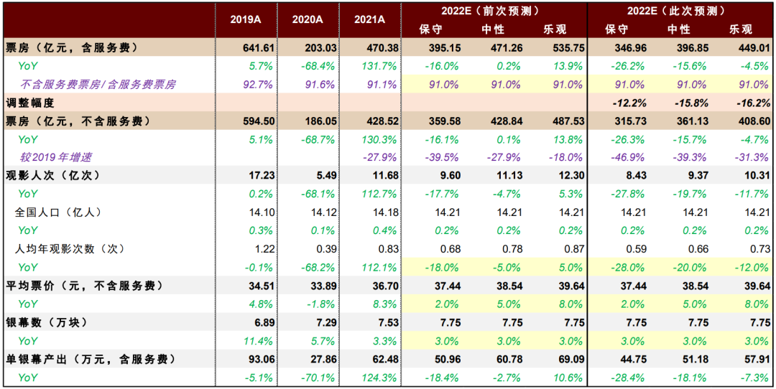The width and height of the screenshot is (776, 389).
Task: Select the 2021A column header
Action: click(x=369, y=20)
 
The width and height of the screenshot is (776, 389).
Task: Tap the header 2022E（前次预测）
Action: click(x=494, y=11)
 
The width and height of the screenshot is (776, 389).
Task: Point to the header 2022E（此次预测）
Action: click(x=679, y=11)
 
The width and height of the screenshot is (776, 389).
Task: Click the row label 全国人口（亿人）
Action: click(x=58, y=212)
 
